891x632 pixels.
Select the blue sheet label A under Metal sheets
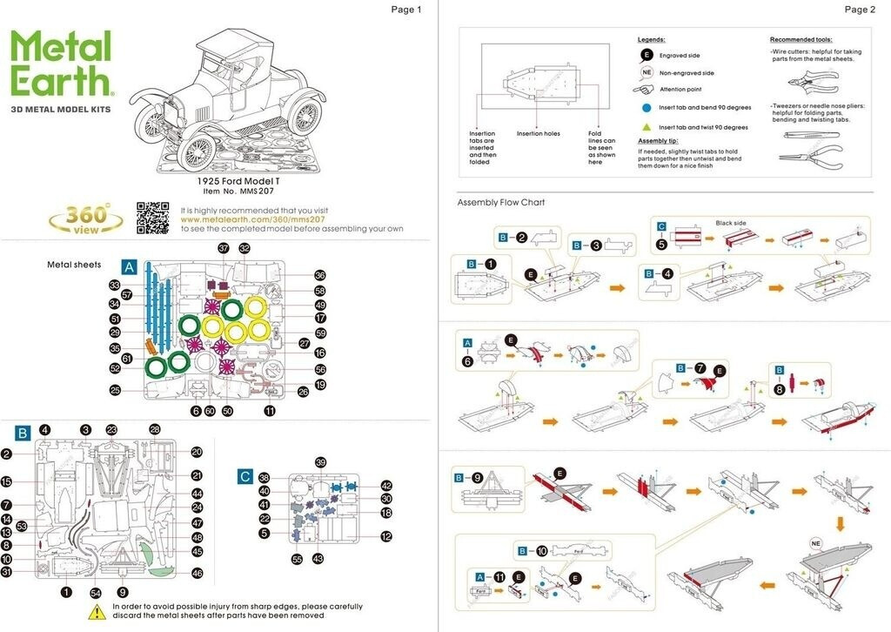click(130, 266)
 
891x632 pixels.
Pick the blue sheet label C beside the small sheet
click(246, 476)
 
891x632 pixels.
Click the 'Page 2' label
click(860, 10)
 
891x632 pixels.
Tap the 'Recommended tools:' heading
click(801, 40)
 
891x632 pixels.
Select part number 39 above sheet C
click(321, 462)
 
